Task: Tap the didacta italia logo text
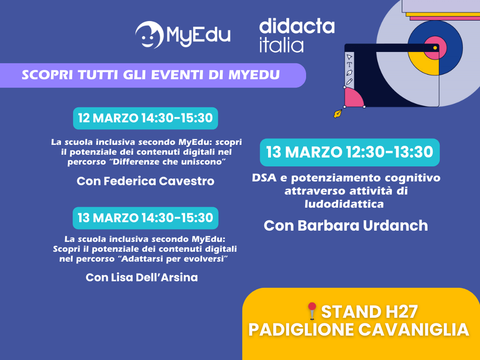(x=296, y=35)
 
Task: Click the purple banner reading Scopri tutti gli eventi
(x=151, y=75)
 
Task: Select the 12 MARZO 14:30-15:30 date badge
(x=145, y=118)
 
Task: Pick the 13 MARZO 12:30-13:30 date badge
(x=350, y=152)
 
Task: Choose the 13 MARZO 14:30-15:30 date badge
(x=145, y=218)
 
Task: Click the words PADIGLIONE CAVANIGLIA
(x=359, y=330)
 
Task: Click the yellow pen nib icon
(x=337, y=113)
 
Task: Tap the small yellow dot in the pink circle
(x=435, y=48)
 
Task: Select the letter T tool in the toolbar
(x=349, y=65)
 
